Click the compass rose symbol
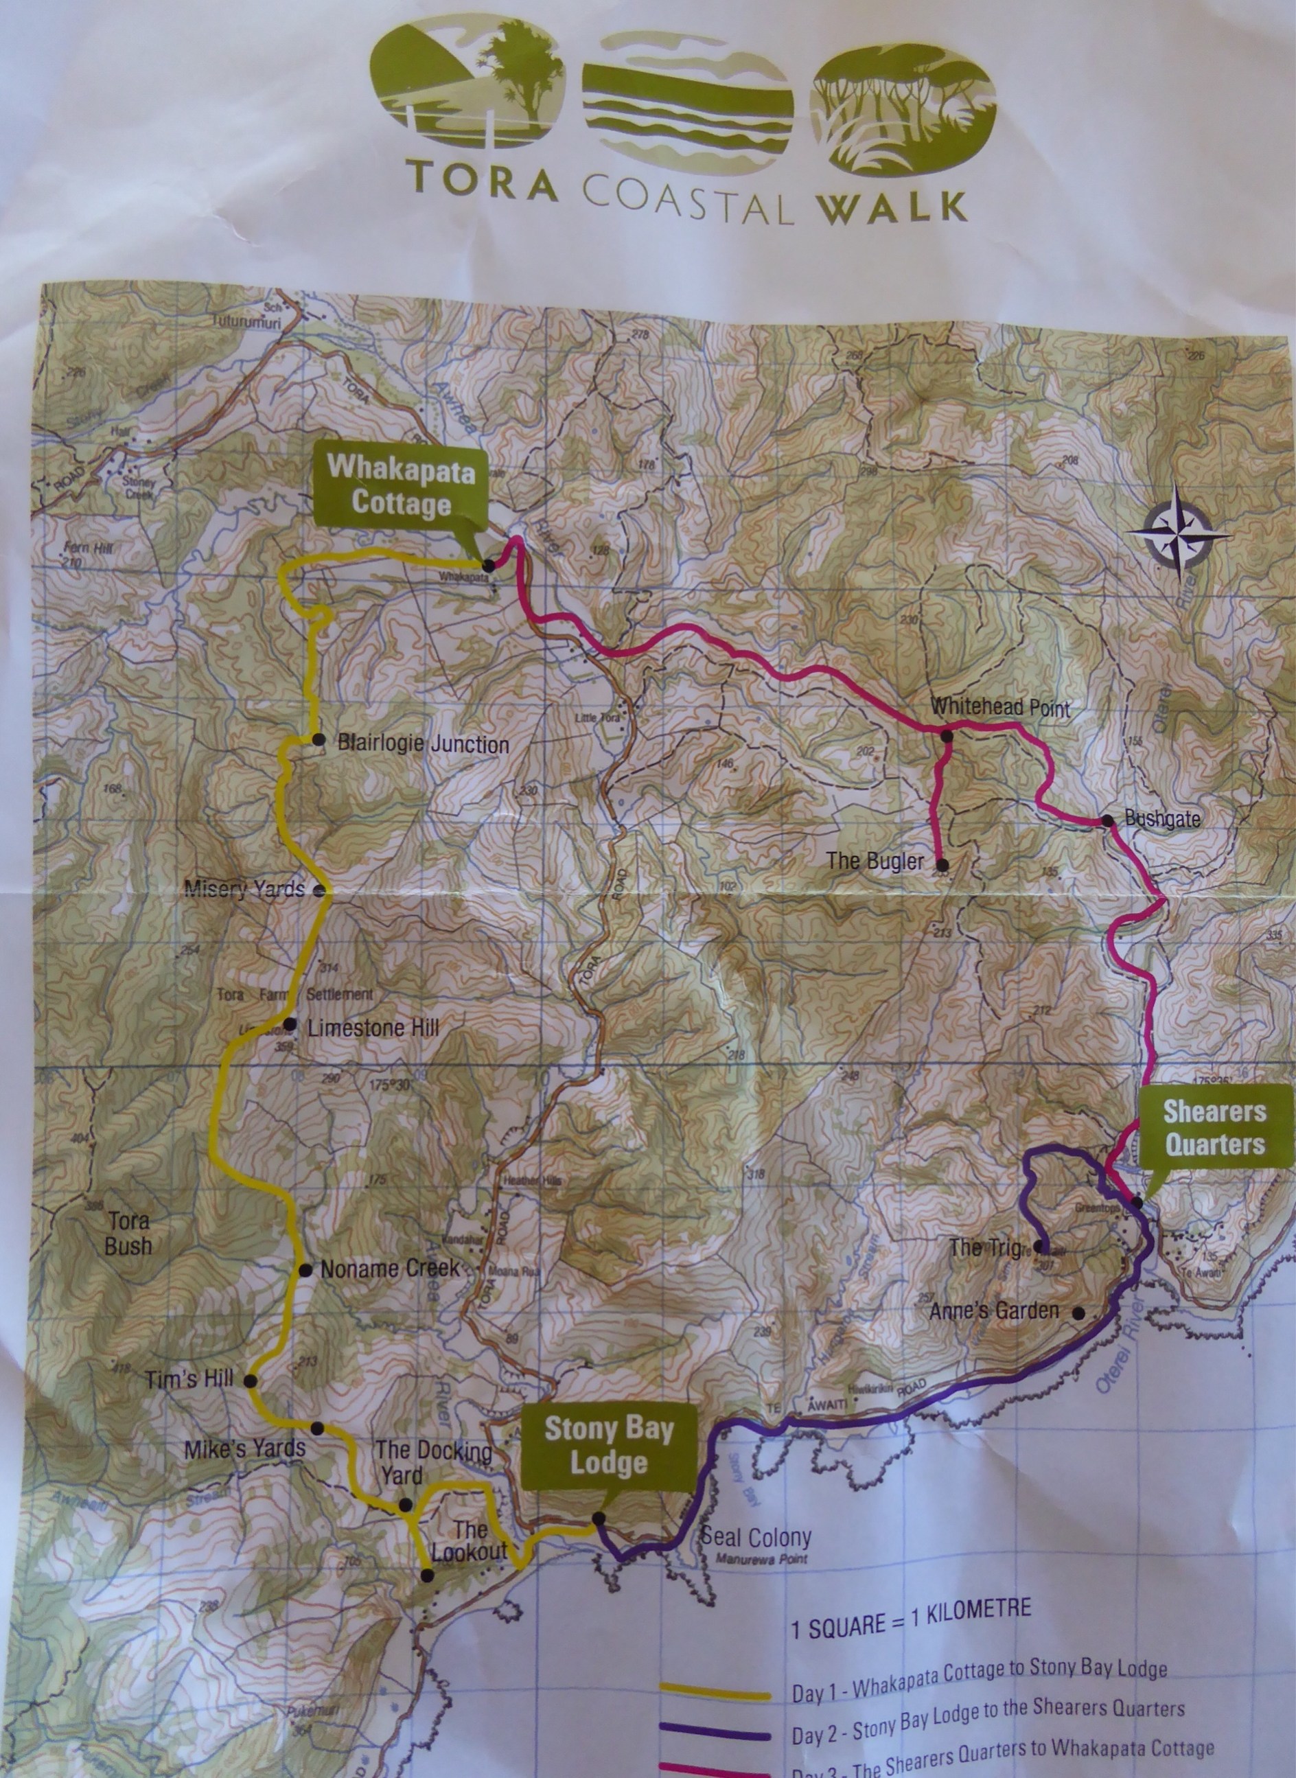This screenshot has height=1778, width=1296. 1179,537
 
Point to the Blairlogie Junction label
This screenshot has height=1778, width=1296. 423,744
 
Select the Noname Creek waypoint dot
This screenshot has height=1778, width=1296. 305,1269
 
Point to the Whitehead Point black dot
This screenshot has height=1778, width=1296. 946,736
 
